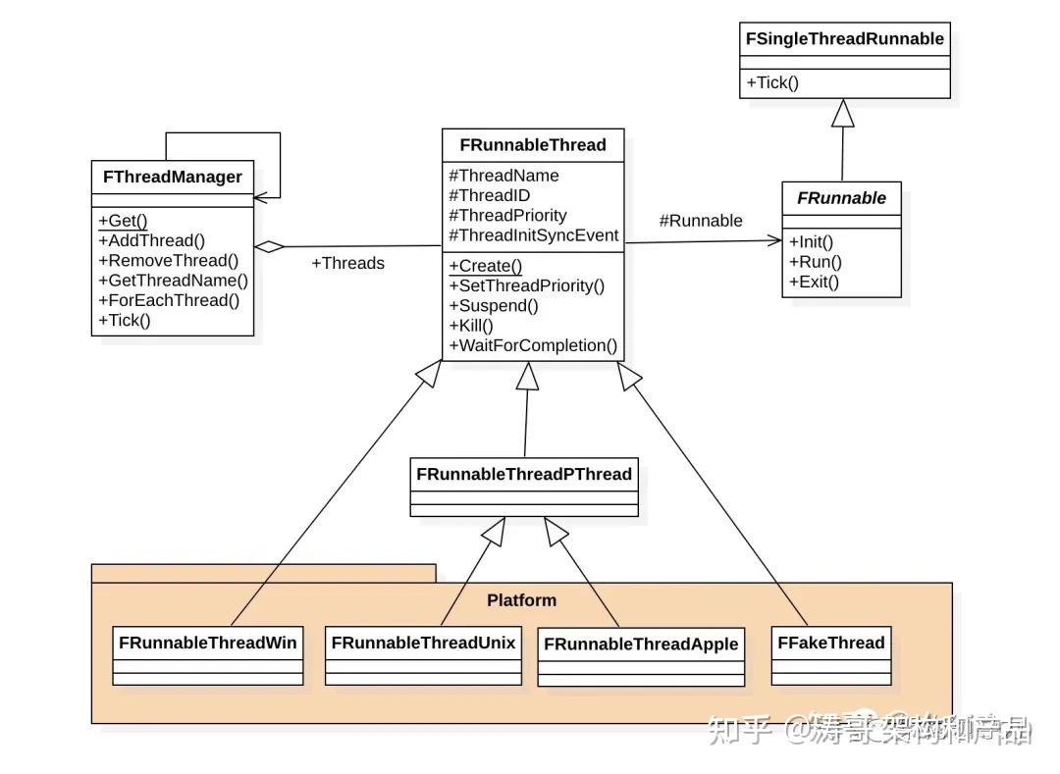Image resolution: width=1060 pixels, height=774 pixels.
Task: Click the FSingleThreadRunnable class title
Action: (x=844, y=39)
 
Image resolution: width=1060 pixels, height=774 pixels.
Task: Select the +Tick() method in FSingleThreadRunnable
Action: (x=772, y=82)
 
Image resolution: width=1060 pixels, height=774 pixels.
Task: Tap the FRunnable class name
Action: (x=841, y=198)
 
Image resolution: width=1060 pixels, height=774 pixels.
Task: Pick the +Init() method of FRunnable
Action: (x=811, y=241)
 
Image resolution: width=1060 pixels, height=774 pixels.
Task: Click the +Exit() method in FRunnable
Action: (x=814, y=283)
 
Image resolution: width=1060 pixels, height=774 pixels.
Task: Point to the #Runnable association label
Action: (x=701, y=221)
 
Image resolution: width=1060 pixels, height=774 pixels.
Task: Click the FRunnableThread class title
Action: (x=533, y=145)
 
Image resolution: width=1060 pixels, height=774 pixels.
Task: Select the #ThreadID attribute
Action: (x=490, y=195)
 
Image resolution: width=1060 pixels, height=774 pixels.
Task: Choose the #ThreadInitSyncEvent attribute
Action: (x=534, y=235)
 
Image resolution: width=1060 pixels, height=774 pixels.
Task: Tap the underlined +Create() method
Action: (x=486, y=266)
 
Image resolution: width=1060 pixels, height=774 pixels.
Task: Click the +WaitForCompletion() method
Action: (x=533, y=345)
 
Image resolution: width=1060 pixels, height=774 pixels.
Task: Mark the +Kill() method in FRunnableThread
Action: (x=471, y=326)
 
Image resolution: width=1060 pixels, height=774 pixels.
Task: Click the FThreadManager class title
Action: (x=173, y=178)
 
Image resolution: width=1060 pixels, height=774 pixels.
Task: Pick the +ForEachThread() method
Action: (x=168, y=301)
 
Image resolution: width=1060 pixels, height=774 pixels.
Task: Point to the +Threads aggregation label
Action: (x=347, y=263)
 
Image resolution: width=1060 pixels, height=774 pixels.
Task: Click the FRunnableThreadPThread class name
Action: (x=524, y=474)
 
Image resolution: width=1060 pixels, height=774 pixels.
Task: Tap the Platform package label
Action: (x=521, y=600)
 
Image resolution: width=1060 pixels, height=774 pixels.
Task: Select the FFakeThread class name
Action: (x=830, y=644)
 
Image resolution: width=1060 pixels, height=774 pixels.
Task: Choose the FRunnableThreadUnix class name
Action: (x=423, y=644)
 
